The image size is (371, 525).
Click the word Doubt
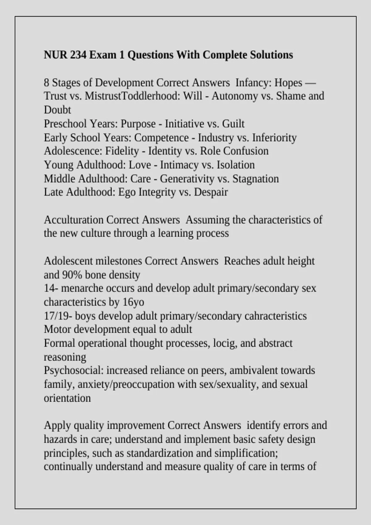[x=57, y=110]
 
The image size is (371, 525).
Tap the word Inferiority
[x=274, y=137]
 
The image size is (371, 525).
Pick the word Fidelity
[x=122, y=151]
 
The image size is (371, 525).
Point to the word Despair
[x=211, y=192]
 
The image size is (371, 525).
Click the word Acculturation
[x=74, y=220]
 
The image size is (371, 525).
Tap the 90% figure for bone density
[x=72, y=275]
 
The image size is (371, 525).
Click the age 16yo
[x=133, y=302]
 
